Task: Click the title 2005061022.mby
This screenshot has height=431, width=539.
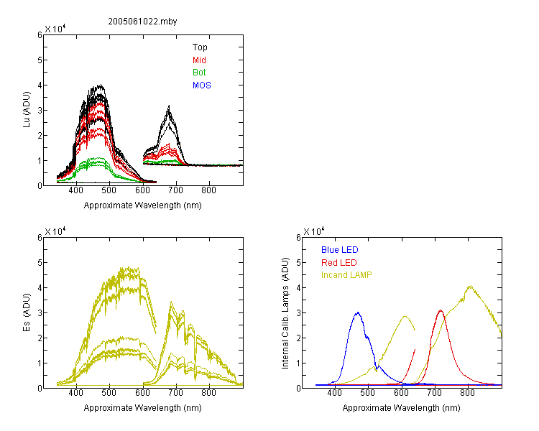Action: coord(142,22)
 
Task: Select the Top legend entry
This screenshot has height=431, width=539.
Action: coord(200,47)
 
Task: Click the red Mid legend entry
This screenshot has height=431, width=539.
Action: coord(199,60)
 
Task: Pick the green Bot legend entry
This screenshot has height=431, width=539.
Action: coord(199,73)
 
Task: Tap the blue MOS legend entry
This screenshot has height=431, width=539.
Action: coord(202,85)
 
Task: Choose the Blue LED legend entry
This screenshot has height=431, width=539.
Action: coord(340,250)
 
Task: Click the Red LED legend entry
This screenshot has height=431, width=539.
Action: coord(339,263)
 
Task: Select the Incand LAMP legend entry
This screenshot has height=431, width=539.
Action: coord(346,275)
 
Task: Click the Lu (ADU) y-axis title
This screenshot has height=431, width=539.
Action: coord(27,110)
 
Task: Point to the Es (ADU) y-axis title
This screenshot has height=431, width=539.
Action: coord(27,312)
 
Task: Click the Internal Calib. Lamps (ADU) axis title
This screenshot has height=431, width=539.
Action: coord(285,313)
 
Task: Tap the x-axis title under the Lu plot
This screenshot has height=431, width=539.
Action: coord(143,205)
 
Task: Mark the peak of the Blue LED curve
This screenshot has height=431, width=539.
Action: coord(358,312)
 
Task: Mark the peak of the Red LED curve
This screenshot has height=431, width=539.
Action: coord(441,310)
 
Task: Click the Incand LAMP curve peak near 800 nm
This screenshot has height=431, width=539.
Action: coord(470,286)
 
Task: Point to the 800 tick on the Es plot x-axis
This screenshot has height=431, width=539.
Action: coord(208,393)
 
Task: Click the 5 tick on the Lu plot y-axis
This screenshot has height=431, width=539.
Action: coord(40,60)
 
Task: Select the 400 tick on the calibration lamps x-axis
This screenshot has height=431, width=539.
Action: coord(335,393)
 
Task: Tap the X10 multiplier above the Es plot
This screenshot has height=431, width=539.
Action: coord(55,231)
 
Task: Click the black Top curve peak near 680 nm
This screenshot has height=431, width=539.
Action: coord(169,106)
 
